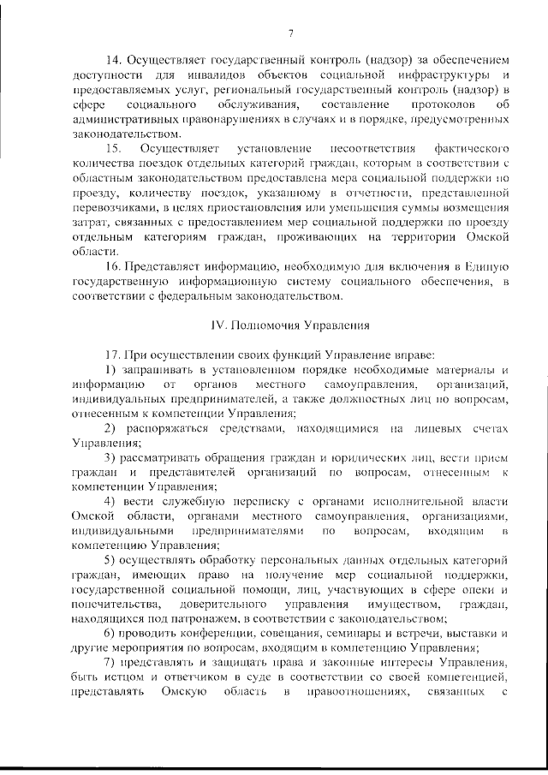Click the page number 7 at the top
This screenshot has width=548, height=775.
coord(291,33)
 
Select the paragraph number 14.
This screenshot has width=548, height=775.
coord(112,61)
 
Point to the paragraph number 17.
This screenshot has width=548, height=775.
coord(112,355)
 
